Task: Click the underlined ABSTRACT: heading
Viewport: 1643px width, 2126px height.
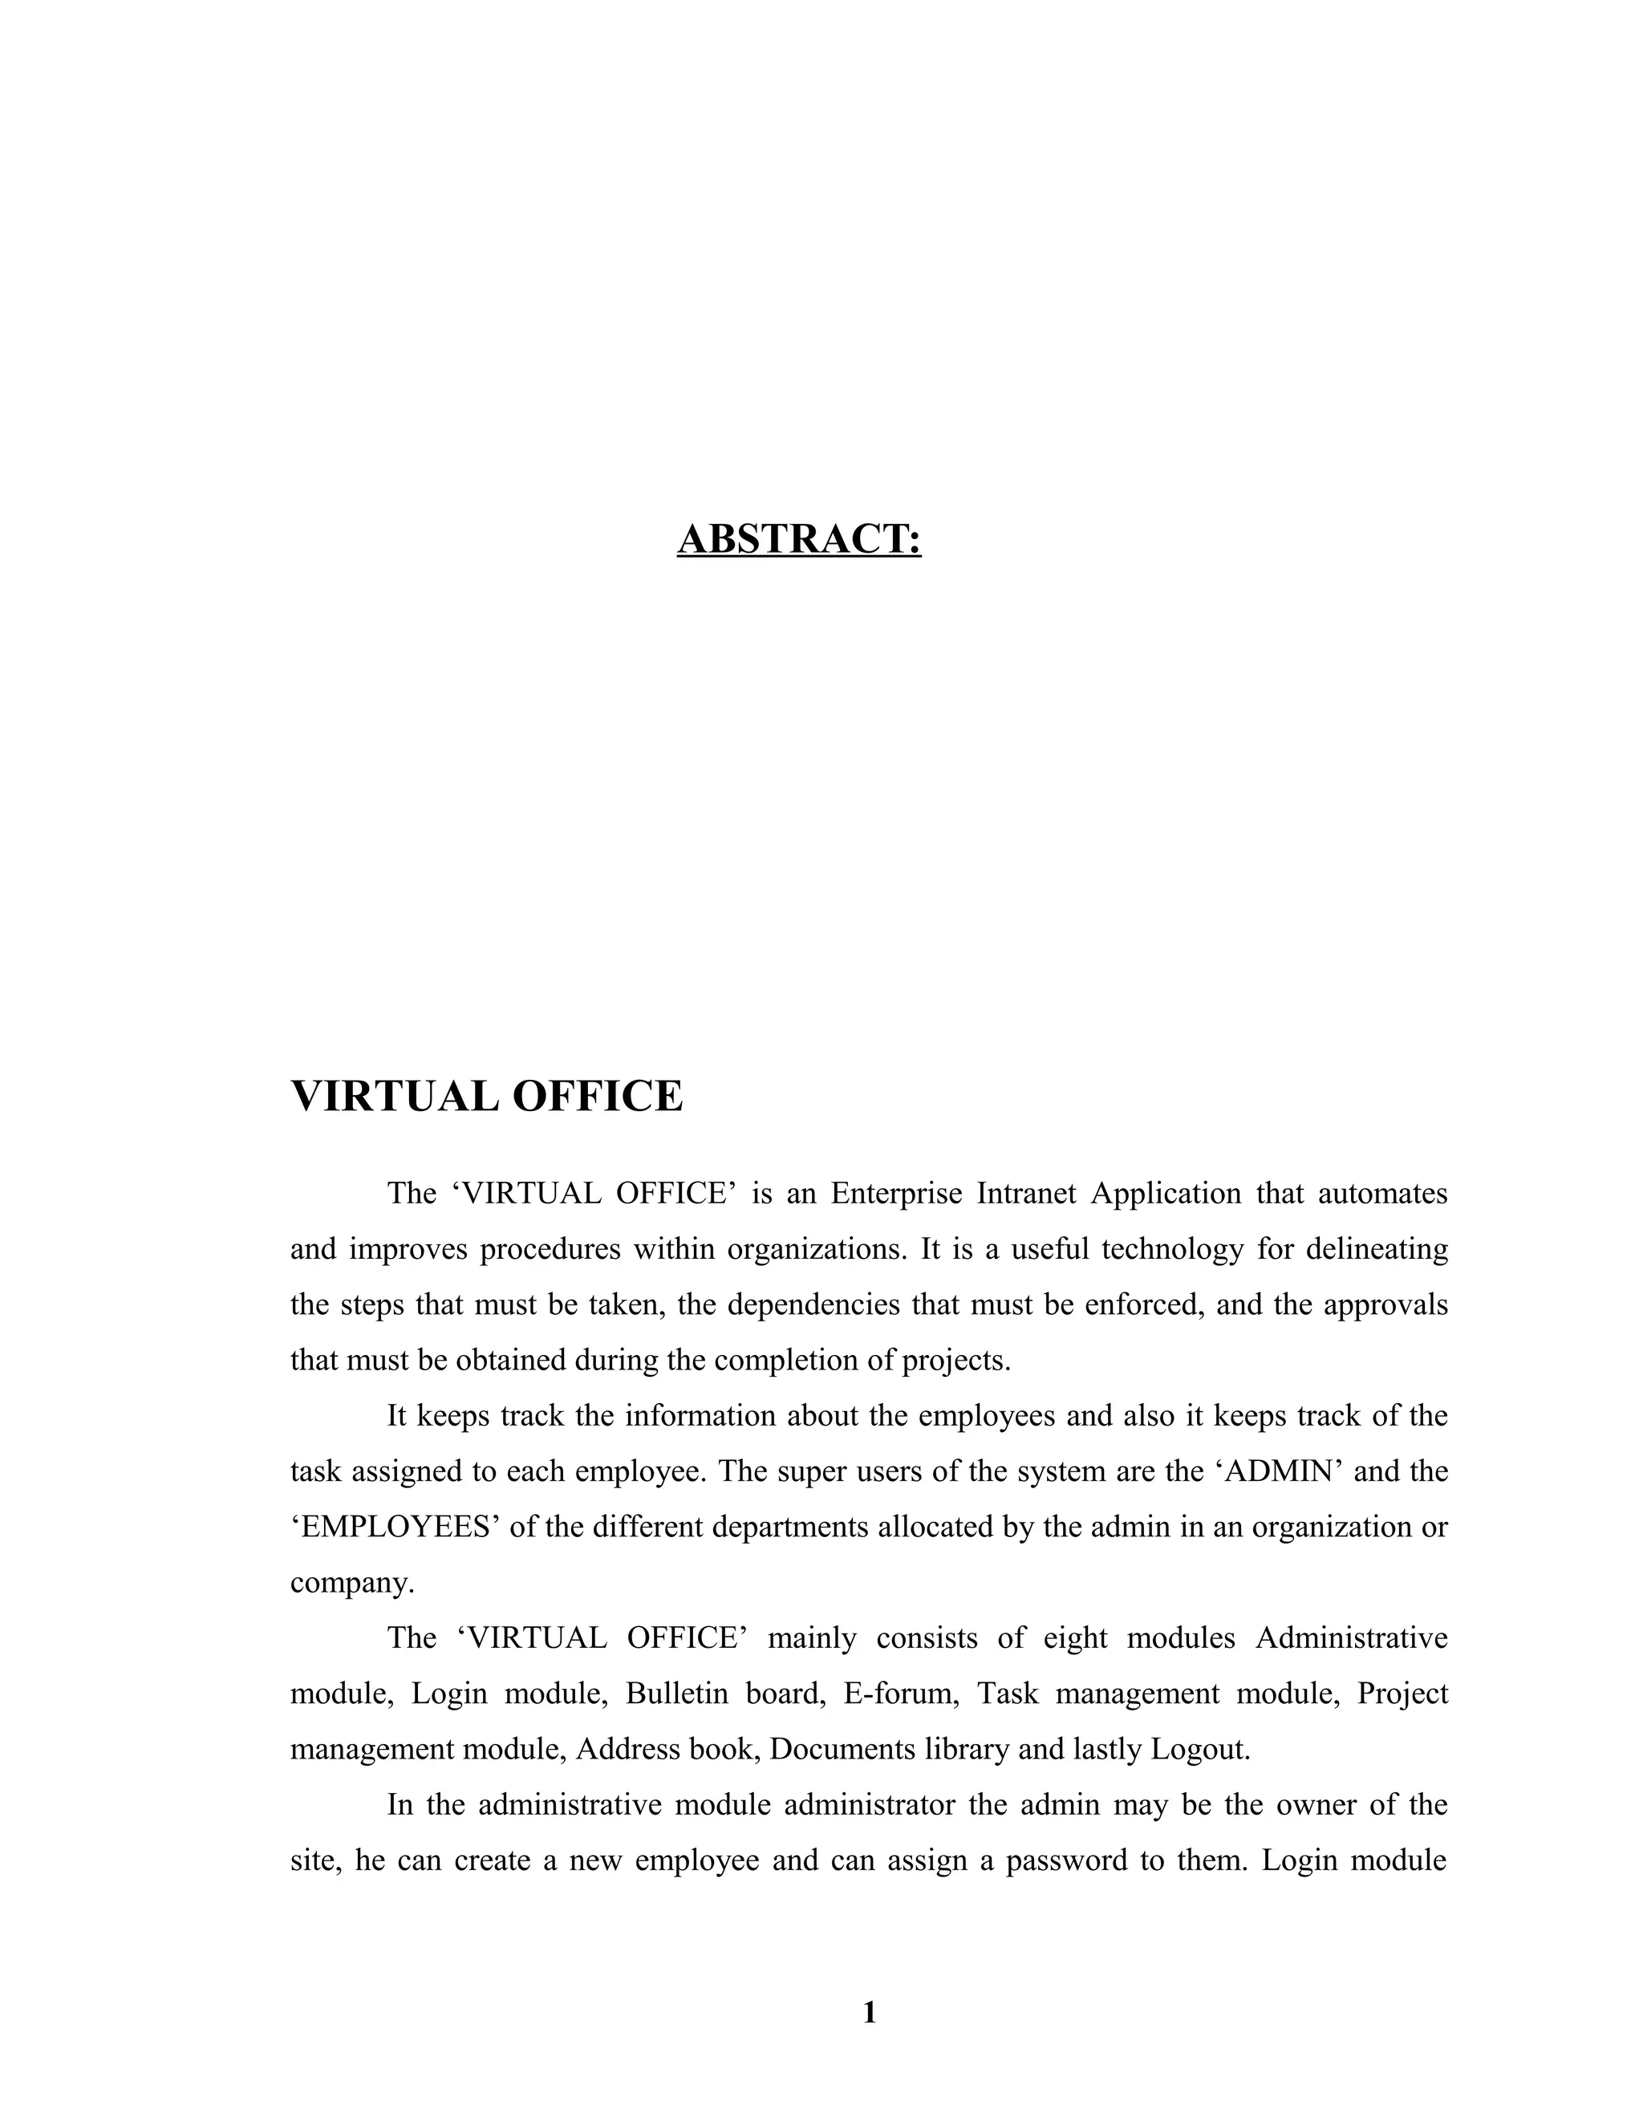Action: (798, 539)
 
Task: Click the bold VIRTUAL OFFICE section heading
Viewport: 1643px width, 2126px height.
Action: (487, 1097)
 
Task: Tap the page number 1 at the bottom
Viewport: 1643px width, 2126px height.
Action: (869, 2012)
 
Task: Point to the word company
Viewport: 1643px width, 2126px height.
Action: (351, 1583)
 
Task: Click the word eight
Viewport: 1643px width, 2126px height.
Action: (1076, 1638)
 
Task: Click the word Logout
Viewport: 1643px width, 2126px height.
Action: (1199, 1749)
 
